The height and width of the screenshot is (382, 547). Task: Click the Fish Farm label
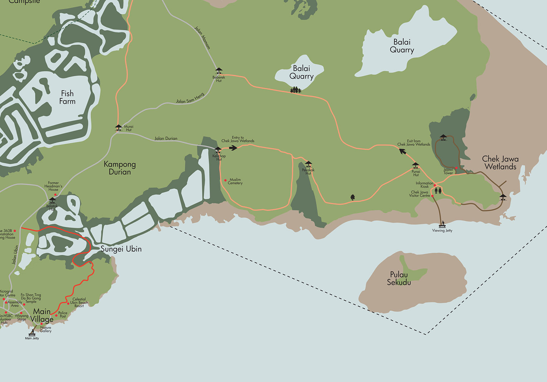[67, 97]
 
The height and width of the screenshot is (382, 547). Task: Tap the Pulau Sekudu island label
[399, 278]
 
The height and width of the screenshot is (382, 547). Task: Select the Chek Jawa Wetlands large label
[500, 163]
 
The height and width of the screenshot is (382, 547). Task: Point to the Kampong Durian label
[120, 168]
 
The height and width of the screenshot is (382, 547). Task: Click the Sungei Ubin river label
[121, 249]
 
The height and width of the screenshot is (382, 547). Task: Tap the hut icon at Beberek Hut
[219, 70]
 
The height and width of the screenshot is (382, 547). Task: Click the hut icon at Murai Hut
[119, 127]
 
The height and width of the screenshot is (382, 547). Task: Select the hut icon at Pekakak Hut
[308, 164]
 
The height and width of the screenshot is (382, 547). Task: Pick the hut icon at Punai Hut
[415, 165]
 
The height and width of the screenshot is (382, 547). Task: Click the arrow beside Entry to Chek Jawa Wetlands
[233, 148]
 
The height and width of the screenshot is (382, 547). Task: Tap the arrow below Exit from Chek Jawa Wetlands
[403, 151]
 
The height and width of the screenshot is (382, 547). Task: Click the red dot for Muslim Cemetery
[225, 180]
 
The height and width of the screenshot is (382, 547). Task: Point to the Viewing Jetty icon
[443, 224]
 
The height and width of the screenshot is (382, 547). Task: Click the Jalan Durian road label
[166, 138]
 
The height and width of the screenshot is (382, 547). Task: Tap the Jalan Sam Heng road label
[190, 98]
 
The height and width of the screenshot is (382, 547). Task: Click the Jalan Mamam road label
[202, 37]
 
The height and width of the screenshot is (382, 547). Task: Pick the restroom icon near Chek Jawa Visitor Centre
[438, 190]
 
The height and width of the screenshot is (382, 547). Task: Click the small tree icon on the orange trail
[353, 197]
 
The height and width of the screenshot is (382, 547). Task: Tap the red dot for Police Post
[56, 316]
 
